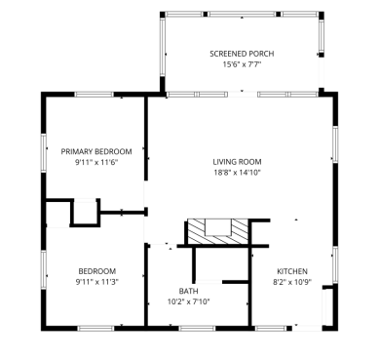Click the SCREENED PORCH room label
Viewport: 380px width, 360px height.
tap(242, 54)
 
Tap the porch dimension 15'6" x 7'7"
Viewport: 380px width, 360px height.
tap(242, 64)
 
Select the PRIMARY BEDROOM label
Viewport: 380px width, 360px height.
tap(96, 151)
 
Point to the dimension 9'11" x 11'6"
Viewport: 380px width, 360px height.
tap(96, 162)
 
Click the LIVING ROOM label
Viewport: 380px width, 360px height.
tap(237, 162)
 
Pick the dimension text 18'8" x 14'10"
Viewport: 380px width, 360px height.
tap(238, 172)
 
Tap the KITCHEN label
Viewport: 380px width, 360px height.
tap(292, 271)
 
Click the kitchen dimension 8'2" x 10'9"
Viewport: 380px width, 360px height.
tap(292, 282)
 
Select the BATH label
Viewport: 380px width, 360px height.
tap(188, 291)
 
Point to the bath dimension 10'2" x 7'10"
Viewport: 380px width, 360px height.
tap(188, 301)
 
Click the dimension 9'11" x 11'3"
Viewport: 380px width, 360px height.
tap(96, 282)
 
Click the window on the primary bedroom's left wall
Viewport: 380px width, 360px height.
tap(43, 153)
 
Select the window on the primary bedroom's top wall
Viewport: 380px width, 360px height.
tap(95, 95)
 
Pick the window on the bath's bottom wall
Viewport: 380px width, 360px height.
tap(197, 328)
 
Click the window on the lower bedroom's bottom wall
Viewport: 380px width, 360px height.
tap(95, 328)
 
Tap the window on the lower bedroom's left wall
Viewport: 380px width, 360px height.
tap(43, 270)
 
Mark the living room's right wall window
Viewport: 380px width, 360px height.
tap(335, 144)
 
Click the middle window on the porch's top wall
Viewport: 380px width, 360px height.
tap(242, 14)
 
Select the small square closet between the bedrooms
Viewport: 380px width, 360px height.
tap(85, 213)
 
